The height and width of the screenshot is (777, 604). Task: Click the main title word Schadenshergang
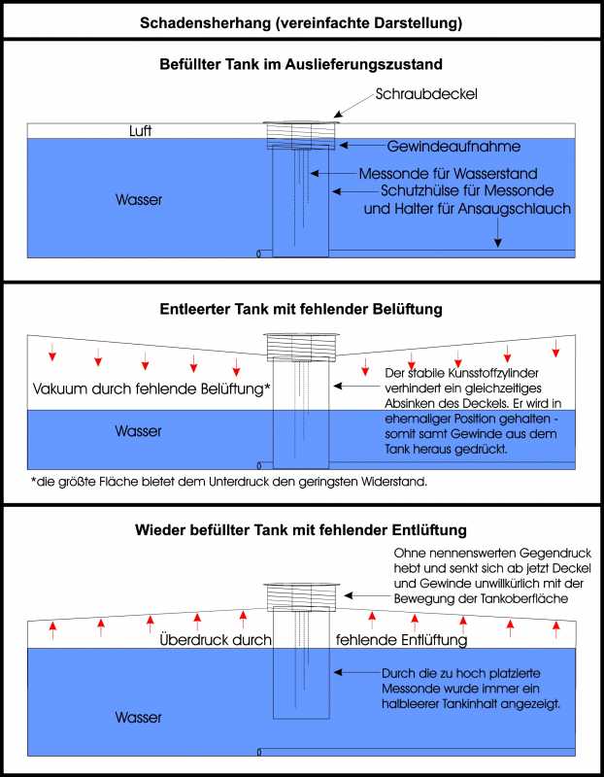(x=202, y=21)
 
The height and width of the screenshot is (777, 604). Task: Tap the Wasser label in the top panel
(x=139, y=200)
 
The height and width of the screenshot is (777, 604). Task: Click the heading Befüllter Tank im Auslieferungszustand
(x=301, y=66)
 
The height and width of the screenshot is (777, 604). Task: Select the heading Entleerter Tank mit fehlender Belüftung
(x=301, y=310)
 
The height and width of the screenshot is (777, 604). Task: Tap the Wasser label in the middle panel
(x=139, y=430)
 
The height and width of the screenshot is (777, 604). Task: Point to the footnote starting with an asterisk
(x=228, y=482)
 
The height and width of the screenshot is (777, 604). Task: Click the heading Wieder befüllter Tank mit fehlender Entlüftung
(x=301, y=530)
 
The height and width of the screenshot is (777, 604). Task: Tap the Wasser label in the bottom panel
(x=139, y=718)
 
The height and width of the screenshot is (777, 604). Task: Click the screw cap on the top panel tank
(x=301, y=123)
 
